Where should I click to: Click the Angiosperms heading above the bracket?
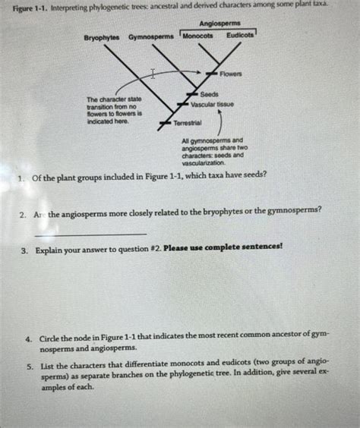[x=219, y=24]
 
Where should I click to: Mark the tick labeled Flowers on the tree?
[x=213, y=73]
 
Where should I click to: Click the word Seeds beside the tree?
[x=210, y=93]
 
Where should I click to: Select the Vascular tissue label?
[x=213, y=104]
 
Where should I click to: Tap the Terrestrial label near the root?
[x=188, y=122]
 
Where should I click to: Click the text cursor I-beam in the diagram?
[x=153, y=74]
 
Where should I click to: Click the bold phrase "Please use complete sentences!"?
[x=229, y=247]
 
